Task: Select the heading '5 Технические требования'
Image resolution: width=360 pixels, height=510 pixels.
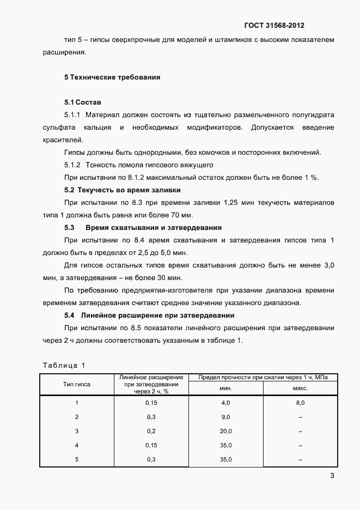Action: [x=112, y=77]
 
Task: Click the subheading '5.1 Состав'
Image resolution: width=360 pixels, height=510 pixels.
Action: [x=82, y=102]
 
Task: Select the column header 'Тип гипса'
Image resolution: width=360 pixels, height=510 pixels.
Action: [x=77, y=384]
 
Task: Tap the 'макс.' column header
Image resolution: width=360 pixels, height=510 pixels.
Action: [x=300, y=388]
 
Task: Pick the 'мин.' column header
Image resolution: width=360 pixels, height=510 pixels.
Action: [x=225, y=388]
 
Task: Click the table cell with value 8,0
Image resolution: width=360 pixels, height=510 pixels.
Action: [x=300, y=403]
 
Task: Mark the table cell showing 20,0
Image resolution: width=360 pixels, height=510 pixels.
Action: [x=225, y=431]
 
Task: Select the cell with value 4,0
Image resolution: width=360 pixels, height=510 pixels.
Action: [x=225, y=403]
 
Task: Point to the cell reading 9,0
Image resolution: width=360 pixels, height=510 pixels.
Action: [x=225, y=417]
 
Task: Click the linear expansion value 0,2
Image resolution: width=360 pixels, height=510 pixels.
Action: [x=151, y=431]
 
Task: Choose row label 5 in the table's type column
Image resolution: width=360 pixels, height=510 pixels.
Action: [x=77, y=459]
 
